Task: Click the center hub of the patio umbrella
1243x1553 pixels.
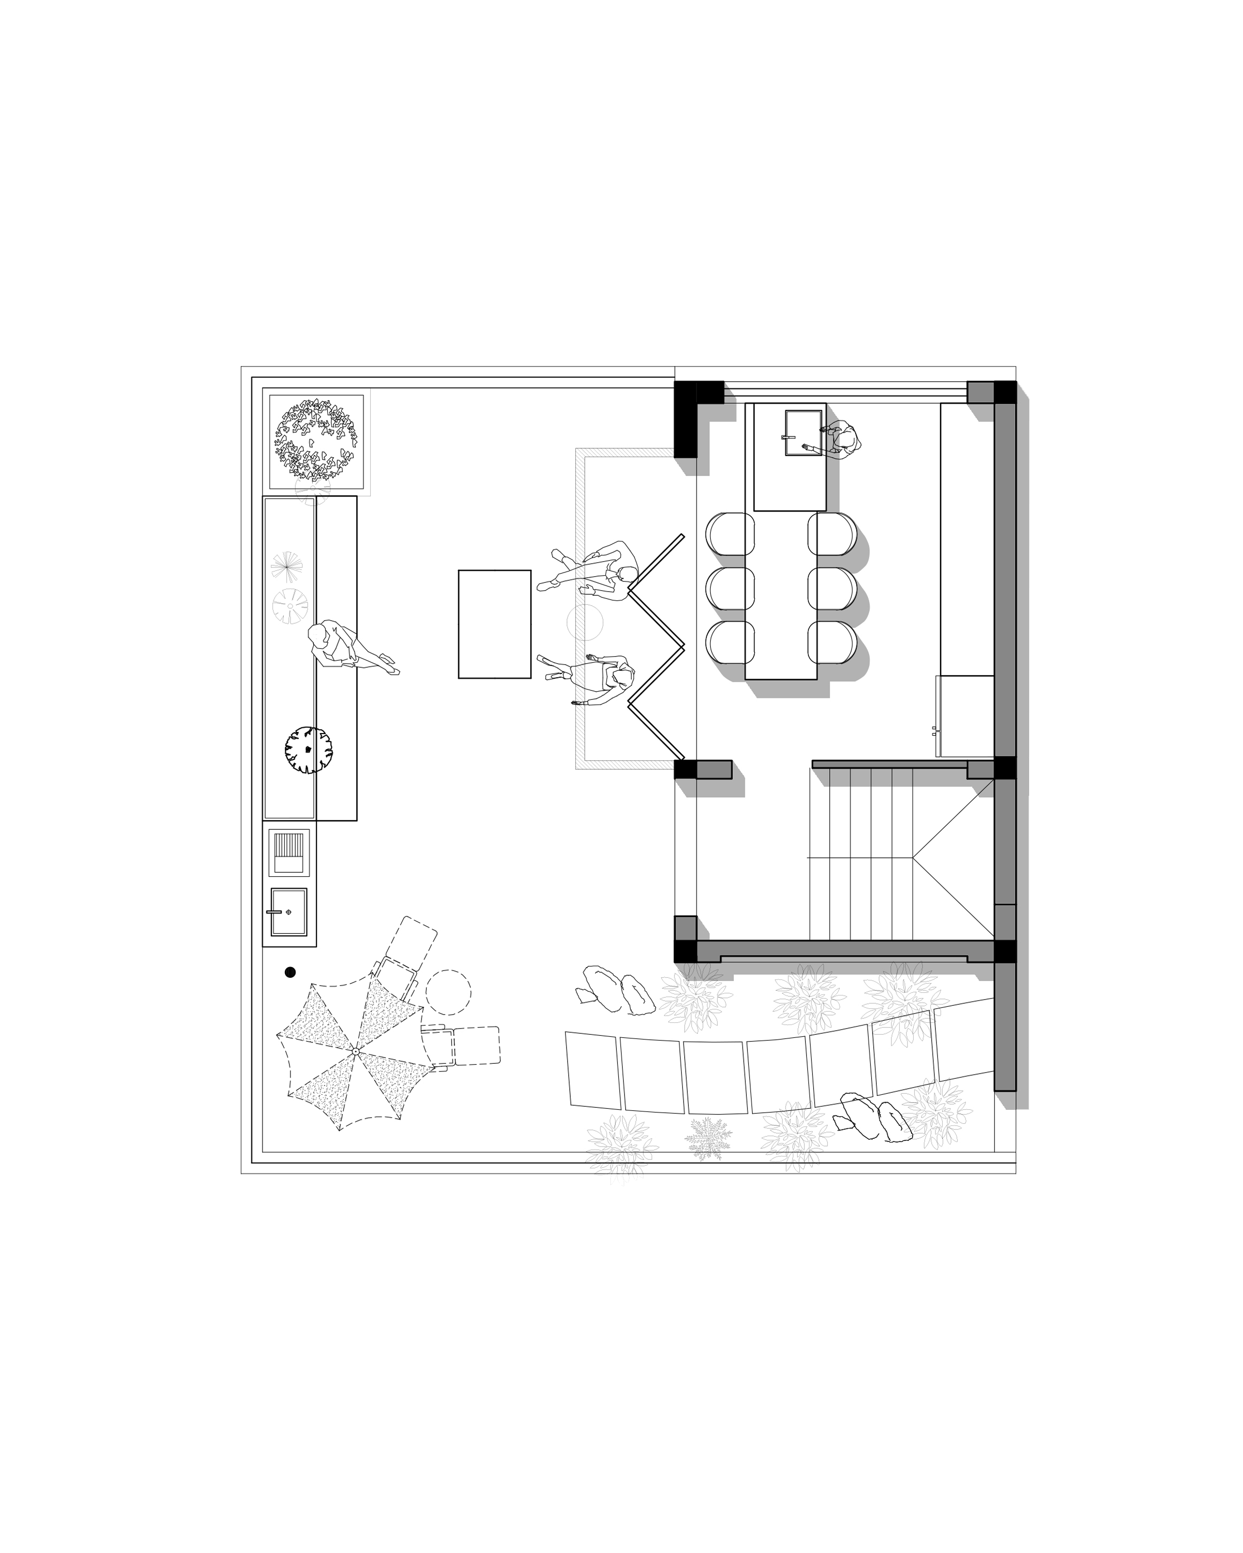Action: point(355,1052)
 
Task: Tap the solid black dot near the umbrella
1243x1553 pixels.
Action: point(291,972)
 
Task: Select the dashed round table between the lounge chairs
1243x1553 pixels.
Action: point(448,992)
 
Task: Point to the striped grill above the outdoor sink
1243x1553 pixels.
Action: point(289,852)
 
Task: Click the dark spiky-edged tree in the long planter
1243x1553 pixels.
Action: point(308,750)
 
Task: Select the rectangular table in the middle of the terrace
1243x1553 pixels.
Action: point(494,624)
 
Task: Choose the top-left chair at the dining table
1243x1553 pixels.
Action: point(730,533)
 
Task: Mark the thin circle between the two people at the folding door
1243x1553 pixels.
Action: point(584,622)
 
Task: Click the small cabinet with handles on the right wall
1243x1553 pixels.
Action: point(964,716)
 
